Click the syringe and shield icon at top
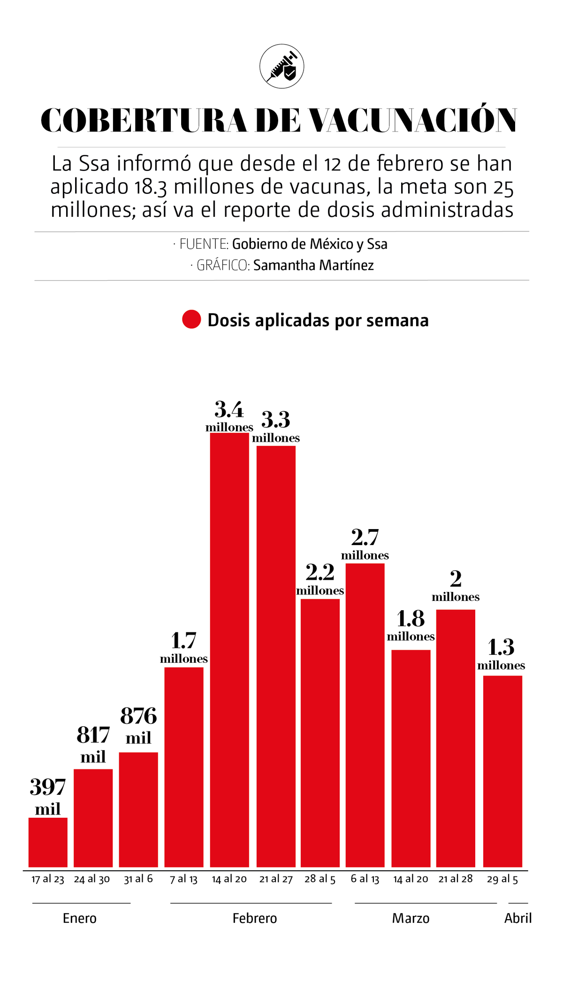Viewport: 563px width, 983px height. (x=281, y=66)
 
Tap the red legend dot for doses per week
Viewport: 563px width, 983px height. (x=191, y=319)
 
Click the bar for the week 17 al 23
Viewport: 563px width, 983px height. (x=48, y=843)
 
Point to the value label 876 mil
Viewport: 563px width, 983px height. (x=138, y=726)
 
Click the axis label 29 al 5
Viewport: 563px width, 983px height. (x=502, y=879)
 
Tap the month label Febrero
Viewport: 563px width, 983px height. (x=255, y=918)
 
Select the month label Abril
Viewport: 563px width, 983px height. (x=518, y=918)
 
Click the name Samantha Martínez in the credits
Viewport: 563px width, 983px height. (x=313, y=265)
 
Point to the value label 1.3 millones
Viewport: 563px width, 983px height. (x=501, y=654)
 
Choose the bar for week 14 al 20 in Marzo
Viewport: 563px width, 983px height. (x=411, y=758)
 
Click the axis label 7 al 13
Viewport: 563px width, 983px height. (x=183, y=879)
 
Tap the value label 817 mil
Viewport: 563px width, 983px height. (x=93, y=745)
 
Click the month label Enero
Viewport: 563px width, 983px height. (x=80, y=918)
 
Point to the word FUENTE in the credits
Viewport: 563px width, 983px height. (x=204, y=244)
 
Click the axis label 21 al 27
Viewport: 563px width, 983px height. (x=276, y=879)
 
